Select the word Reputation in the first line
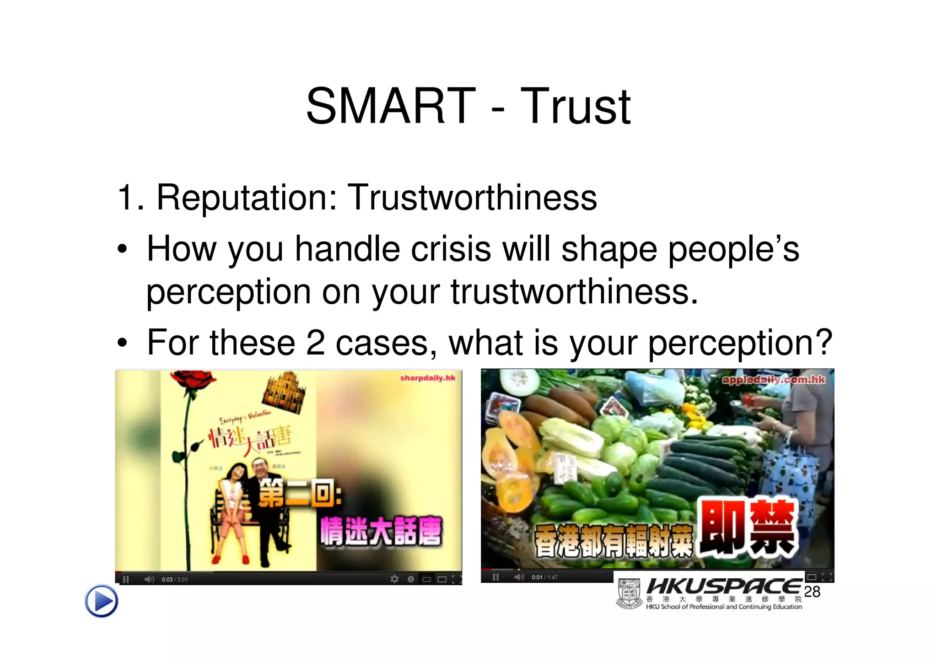[x=246, y=198]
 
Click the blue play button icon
[x=101, y=601]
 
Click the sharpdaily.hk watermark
[x=427, y=378]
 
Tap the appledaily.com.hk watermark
[x=773, y=379]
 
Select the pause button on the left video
[x=126, y=579]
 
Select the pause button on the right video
[x=495, y=577]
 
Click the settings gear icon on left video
[x=394, y=579]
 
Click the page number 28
[x=812, y=592]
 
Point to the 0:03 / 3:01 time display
[x=174, y=580]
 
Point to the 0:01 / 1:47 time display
[x=544, y=577]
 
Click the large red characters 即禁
[x=747, y=527]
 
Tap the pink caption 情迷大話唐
[x=381, y=531]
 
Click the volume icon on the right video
[x=519, y=577]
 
